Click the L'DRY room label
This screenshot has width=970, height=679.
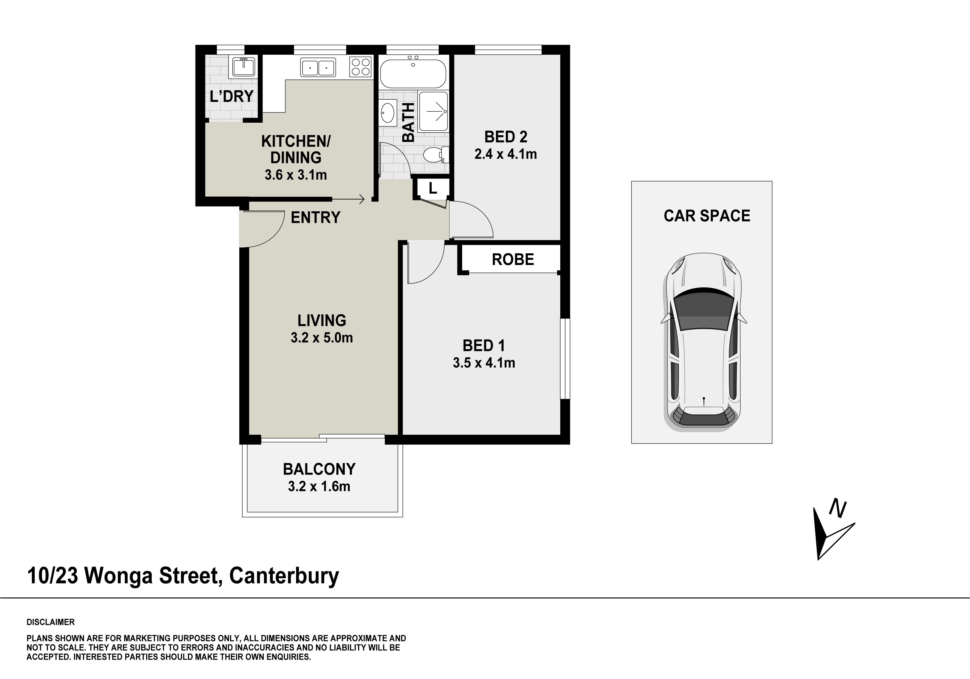tap(231, 97)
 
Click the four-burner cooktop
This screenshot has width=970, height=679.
tap(360, 67)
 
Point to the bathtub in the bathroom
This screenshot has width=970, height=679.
tap(413, 73)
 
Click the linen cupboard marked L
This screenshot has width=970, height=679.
tap(432, 188)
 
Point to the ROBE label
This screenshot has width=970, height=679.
tap(513, 259)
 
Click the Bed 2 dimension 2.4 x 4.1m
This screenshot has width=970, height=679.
tap(505, 154)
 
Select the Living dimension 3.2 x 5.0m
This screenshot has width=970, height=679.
tap(321, 338)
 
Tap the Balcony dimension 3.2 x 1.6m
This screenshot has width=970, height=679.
tap(319, 486)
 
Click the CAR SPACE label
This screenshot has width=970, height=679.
tap(707, 216)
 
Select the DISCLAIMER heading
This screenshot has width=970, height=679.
tap(51, 622)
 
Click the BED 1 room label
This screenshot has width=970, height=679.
tap(484, 346)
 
